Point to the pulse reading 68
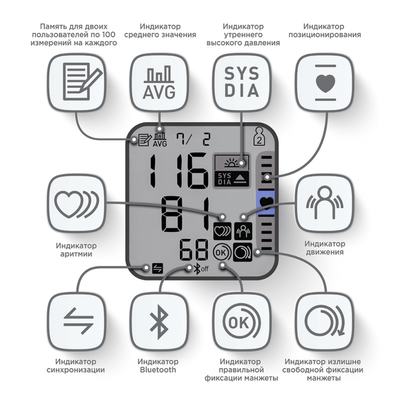pyautogui.click(x=194, y=251)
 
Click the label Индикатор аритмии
pyautogui.click(x=76, y=250)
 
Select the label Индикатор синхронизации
pyautogui.click(x=76, y=366)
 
